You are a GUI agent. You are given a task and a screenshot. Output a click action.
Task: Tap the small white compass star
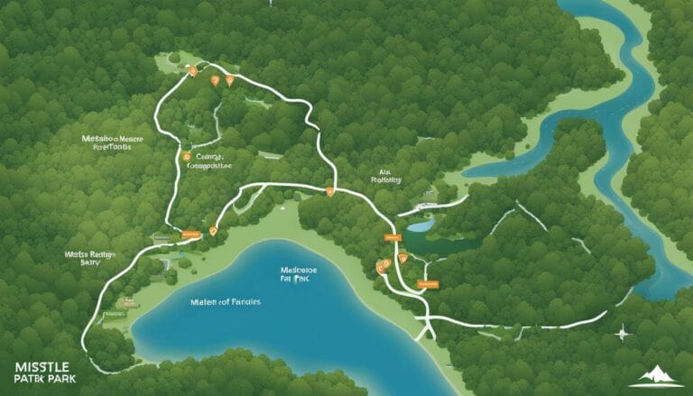click(x=622, y=333)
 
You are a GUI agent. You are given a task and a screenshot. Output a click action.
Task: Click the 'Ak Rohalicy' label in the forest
click(x=385, y=174)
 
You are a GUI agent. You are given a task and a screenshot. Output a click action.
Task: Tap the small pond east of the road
click(x=420, y=225)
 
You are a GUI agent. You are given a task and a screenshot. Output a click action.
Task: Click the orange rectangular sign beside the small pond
click(x=392, y=237)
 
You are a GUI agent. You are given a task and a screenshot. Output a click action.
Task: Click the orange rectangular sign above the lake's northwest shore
click(x=189, y=235)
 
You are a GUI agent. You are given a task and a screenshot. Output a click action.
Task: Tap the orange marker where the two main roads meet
click(x=330, y=191)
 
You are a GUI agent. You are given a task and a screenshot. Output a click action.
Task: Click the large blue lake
click(x=271, y=325)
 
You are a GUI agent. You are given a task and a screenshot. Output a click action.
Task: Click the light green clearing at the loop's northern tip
click(x=171, y=61)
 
